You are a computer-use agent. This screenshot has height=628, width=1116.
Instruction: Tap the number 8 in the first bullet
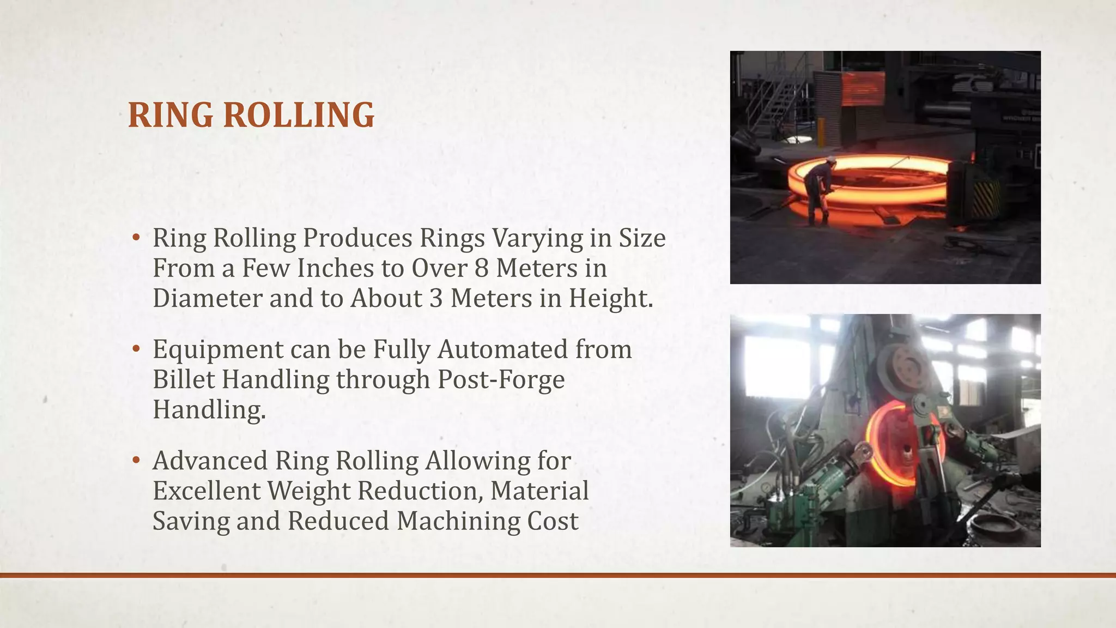pyautogui.click(x=481, y=268)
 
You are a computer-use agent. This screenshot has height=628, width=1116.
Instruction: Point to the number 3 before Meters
pyautogui.click(x=436, y=298)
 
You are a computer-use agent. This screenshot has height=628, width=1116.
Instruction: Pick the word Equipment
pyautogui.click(x=218, y=350)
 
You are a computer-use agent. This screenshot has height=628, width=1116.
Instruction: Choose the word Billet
pyautogui.click(x=184, y=379)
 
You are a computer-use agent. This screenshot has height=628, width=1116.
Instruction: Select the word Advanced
pyautogui.click(x=210, y=461)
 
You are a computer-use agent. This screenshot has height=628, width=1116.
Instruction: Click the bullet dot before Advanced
pyautogui.click(x=136, y=460)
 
